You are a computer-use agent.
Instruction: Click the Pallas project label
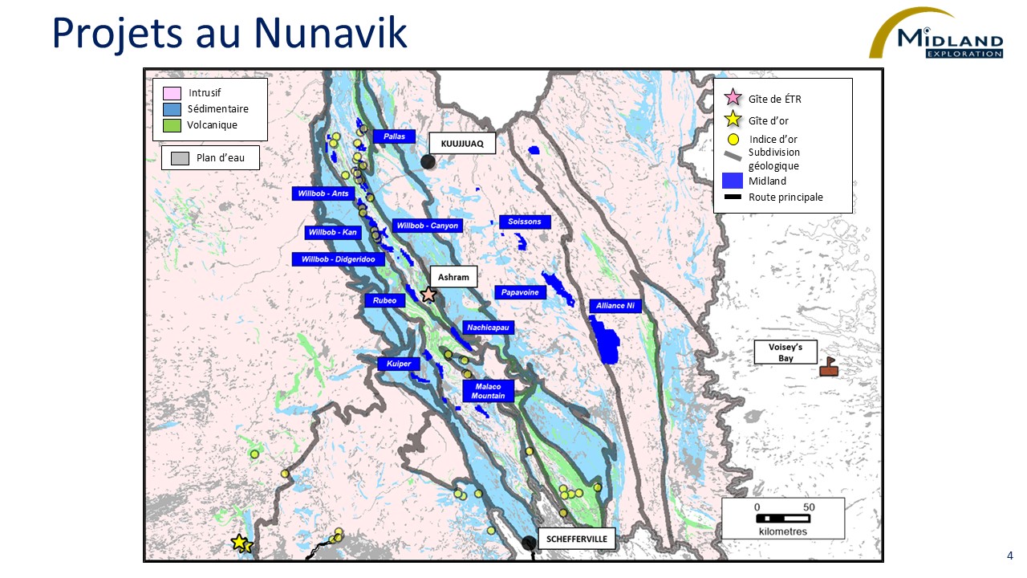click(394, 136)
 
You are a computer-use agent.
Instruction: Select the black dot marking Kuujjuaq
click(428, 161)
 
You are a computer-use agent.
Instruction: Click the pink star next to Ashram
click(428, 295)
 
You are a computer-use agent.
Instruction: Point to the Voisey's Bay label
click(785, 352)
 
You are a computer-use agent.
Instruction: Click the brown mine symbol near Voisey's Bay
click(829, 368)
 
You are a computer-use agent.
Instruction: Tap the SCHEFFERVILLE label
click(577, 539)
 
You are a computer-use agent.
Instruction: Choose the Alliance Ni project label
click(615, 306)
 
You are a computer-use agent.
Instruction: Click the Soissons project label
click(525, 222)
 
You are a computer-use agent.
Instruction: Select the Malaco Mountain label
click(488, 391)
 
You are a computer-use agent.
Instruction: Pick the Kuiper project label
click(399, 364)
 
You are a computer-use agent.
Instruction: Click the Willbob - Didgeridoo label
click(339, 259)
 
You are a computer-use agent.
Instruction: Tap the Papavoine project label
click(520, 292)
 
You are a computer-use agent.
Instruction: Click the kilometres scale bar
click(782, 518)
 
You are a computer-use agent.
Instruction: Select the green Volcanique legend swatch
click(172, 125)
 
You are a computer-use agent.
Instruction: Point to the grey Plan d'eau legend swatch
click(180, 158)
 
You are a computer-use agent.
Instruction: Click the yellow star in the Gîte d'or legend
click(733, 120)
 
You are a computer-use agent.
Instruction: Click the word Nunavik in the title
click(331, 32)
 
